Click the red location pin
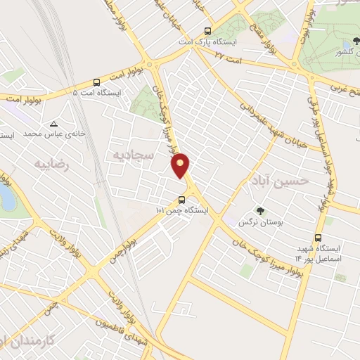[x=181, y=165]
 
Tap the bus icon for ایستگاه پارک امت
[x=207, y=31]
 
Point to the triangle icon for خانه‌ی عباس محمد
[x=54, y=124]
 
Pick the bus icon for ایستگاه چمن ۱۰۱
[x=183, y=199]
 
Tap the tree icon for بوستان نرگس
[x=259, y=210]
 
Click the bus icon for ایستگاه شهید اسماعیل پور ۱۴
[x=319, y=238]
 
